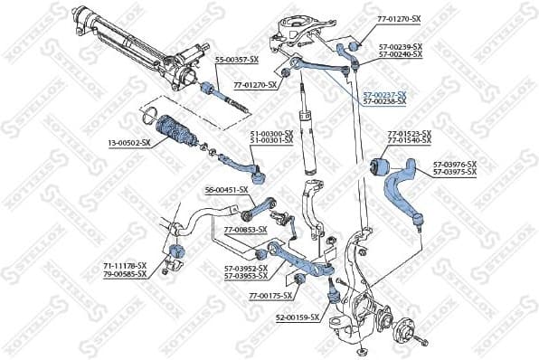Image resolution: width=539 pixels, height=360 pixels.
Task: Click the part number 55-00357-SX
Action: (236, 60)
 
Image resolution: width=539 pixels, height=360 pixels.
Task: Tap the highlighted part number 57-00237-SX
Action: (384, 94)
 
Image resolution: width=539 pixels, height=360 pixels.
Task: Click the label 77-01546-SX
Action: (410, 141)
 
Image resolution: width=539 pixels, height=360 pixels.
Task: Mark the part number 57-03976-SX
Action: (455, 164)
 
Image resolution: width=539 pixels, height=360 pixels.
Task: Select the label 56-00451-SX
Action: (226, 190)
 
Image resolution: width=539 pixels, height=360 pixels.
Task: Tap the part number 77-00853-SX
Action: (245, 230)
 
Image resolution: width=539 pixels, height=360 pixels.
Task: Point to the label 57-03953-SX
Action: (246, 275)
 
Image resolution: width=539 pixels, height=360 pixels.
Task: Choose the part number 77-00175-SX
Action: (270, 296)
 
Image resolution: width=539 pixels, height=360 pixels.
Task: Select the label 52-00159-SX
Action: (298, 317)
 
